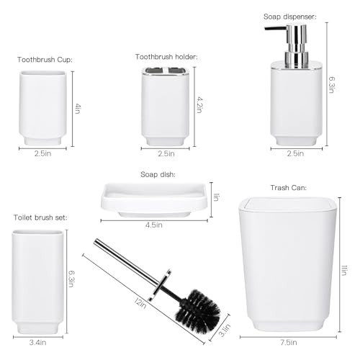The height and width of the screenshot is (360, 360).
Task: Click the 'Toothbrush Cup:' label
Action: [x=45, y=60]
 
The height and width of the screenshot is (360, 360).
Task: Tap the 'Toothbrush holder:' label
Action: [x=166, y=57]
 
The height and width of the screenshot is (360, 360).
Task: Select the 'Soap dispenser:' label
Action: [x=290, y=17]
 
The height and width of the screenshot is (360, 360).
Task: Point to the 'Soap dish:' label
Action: [x=158, y=174]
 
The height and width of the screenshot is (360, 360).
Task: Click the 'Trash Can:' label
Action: [x=289, y=188]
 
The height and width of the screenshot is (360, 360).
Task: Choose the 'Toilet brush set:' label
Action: [x=40, y=217]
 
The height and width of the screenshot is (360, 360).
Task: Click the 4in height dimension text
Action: [x=78, y=109]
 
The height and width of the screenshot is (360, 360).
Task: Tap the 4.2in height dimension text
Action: [x=199, y=104]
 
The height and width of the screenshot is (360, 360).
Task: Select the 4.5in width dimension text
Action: [x=154, y=225]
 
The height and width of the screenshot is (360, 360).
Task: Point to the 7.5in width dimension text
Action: [x=289, y=343]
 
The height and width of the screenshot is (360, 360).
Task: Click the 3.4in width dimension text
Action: [x=37, y=343]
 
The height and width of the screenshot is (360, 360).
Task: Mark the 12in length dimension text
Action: [x=140, y=304]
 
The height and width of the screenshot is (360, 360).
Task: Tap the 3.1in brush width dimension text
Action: [x=225, y=330]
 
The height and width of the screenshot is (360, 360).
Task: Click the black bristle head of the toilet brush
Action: [x=198, y=311]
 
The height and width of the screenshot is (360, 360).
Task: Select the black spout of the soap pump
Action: [x=276, y=28]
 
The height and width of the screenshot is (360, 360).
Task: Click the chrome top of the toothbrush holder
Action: [x=166, y=71]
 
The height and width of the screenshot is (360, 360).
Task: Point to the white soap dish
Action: [x=154, y=200]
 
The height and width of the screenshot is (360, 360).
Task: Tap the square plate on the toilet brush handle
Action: [x=159, y=285]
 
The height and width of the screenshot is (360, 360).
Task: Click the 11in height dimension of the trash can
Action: [x=345, y=271]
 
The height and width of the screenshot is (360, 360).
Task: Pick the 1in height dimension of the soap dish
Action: [x=216, y=197]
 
